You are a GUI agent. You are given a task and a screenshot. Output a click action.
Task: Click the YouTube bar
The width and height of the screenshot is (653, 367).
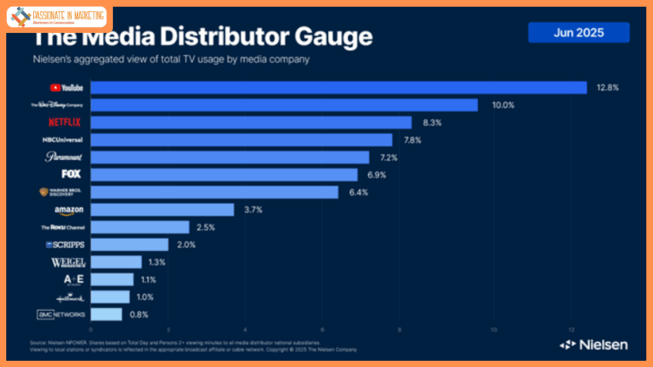[338, 88]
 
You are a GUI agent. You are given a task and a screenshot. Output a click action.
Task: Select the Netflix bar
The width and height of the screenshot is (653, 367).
[251, 122]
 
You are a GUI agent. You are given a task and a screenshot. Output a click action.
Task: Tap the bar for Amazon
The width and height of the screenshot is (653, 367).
[162, 210]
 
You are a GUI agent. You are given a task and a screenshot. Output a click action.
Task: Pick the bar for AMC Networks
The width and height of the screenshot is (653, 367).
[106, 314]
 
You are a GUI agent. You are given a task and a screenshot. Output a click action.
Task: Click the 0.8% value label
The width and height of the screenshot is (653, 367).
[139, 314]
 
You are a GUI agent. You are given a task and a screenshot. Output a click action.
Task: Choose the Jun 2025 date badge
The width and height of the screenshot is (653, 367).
[578, 32]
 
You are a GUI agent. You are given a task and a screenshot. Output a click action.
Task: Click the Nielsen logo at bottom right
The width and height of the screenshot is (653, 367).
[593, 344]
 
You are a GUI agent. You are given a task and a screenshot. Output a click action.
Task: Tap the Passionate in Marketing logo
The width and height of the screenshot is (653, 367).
[57, 17]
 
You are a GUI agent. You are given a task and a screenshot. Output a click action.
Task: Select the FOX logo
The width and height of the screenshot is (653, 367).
[71, 174]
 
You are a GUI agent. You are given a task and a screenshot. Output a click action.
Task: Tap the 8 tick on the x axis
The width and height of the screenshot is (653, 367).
[400, 330]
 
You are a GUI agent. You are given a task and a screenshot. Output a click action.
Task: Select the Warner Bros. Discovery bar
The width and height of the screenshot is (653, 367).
[214, 192]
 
